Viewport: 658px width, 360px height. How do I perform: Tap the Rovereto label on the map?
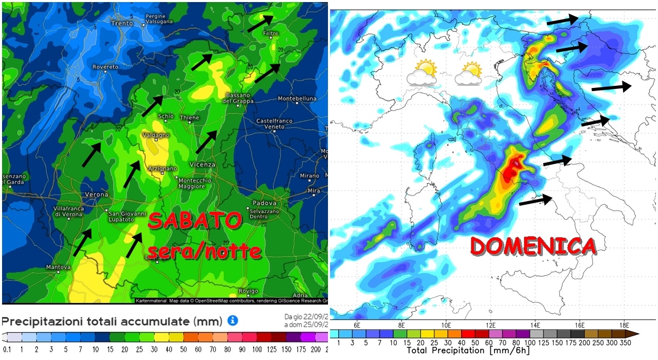[105, 67]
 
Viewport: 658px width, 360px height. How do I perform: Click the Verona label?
[97, 194]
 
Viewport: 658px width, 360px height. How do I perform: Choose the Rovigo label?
[249, 291]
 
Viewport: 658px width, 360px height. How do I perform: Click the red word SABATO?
[195, 222]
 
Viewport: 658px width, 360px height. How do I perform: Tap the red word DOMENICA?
[534, 246]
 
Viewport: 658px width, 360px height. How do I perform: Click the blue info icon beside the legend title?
[232, 321]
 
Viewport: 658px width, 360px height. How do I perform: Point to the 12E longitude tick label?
[490, 325]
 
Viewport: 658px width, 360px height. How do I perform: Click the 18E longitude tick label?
[625, 325]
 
